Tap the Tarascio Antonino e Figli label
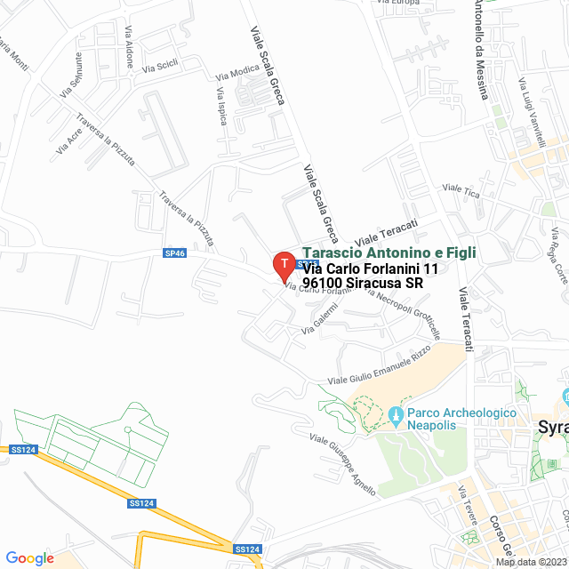(389, 253)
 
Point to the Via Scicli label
(160, 65)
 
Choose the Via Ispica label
(221, 107)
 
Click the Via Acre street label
(68, 140)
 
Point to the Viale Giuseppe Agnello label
(342, 463)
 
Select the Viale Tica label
(461, 190)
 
